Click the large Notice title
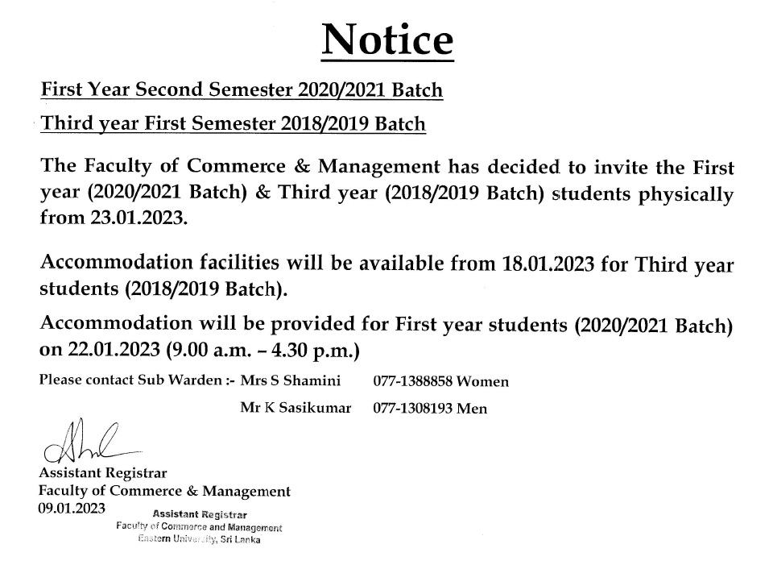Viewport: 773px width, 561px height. (387, 38)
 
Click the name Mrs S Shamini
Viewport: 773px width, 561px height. (290, 380)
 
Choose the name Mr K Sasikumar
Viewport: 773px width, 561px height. (296, 408)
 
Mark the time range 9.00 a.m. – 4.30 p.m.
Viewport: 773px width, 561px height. (262, 351)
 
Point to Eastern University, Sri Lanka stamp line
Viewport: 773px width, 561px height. (198, 540)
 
